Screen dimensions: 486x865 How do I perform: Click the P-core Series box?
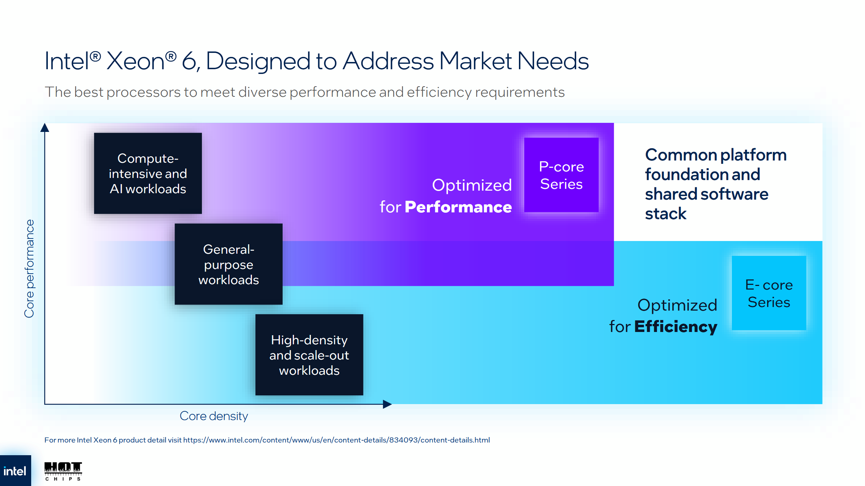pyautogui.click(x=561, y=175)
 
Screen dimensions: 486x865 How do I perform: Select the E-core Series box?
pyautogui.click(x=769, y=293)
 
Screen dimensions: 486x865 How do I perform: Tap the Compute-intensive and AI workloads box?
pyautogui.click(x=148, y=173)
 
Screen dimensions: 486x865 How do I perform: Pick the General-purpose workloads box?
pyautogui.click(x=228, y=264)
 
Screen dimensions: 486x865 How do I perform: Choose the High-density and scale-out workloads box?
pyautogui.click(x=309, y=355)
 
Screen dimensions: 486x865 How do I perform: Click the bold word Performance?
pyautogui.click(x=458, y=207)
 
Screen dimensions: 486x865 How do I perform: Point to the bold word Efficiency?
pyautogui.click(x=675, y=327)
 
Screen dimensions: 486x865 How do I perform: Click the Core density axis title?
pyautogui.click(x=214, y=416)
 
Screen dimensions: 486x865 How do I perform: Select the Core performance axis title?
pyautogui.click(x=29, y=269)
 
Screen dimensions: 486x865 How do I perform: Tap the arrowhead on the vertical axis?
pyautogui.click(x=45, y=128)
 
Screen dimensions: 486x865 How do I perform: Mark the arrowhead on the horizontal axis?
pyautogui.click(x=387, y=404)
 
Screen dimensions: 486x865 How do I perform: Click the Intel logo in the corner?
pyautogui.click(x=15, y=471)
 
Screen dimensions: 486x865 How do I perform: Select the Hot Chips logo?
pyautogui.click(x=63, y=471)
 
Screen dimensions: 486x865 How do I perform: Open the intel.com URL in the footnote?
pyautogui.click(x=336, y=440)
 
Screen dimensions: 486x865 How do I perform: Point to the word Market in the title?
pyautogui.click(x=475, y=61)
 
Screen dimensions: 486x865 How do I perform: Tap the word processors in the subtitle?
pyautogui.click(x=144, y=92)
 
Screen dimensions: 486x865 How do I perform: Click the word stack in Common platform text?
pyautogui.click(x=666, y=214)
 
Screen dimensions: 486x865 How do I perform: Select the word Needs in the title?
pyautogui.click(x=553, y=61)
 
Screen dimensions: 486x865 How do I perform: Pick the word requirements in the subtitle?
pyautogui.click(x=520, y=92)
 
